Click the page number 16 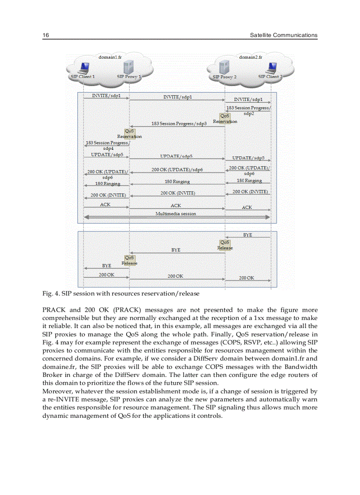coord(45,35)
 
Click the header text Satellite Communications coord(283,35)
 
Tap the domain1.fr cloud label coord(109,57)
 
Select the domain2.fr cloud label coord(250,57)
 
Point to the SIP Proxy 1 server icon coord(129,68)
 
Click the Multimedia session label coord(176,213)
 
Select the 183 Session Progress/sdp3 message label coord(179,123)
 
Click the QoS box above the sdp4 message coord(130,131)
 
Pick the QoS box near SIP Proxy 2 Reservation coord(225,116)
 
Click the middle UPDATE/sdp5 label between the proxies coord(176,156)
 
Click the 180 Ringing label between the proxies coord(177,182)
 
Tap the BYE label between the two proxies coord(176,250)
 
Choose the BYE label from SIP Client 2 coord(247,235)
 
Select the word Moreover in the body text coord(57,391)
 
